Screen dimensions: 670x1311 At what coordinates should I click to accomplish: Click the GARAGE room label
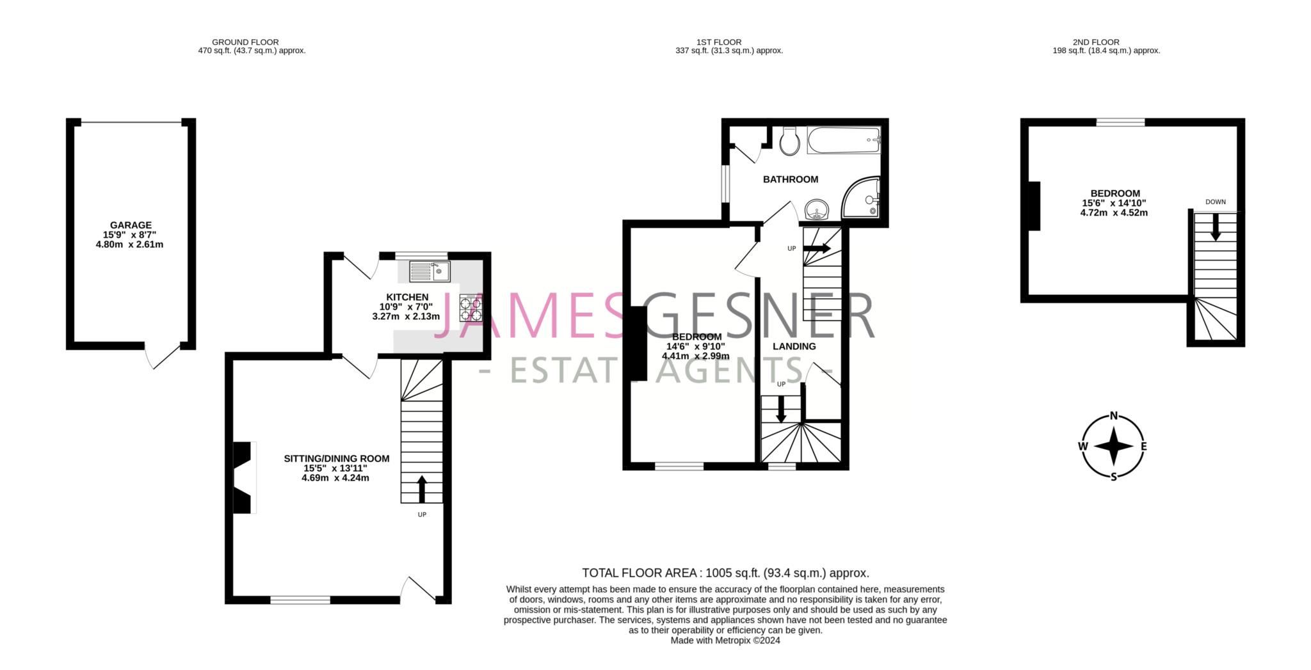pyautogui.click(x=131, y=225)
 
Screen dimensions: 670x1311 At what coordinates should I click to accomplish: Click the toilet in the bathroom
pyautogui.click(x=789, y=141)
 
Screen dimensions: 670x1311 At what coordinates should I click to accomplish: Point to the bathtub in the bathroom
pyautogui.click(x=844, y=140)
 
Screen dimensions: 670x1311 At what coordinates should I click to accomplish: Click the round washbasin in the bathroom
pyautogui.click(x=816, y=209)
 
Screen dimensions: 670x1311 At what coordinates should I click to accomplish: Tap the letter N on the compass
pyautogui.click(x=1114, y=416)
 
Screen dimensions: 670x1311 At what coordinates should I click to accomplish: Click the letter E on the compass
pyautogui.click(x=1144, y=447)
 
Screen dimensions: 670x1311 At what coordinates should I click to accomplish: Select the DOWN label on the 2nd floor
pyautogui.click(x=1215, y=202)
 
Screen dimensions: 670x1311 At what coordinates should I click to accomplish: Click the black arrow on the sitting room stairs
pyautogui.click(x=421, y=489)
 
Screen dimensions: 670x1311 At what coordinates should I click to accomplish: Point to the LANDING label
pyautogui.click(x=794, y=346)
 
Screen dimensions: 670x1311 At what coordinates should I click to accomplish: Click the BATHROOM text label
pyautogui.click(x=790, y=179)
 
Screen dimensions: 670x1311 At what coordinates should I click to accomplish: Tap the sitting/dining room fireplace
pyautogui.click(x=243, y=477)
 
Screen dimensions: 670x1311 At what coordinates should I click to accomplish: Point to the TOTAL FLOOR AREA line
pyautogui.click(x=725, y=573)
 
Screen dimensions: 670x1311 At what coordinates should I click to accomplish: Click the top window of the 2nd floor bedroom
pyautogui.click(x=1120, y=122)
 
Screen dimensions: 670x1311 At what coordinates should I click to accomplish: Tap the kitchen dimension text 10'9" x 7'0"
pyautogui.click(x=406, y=307)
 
